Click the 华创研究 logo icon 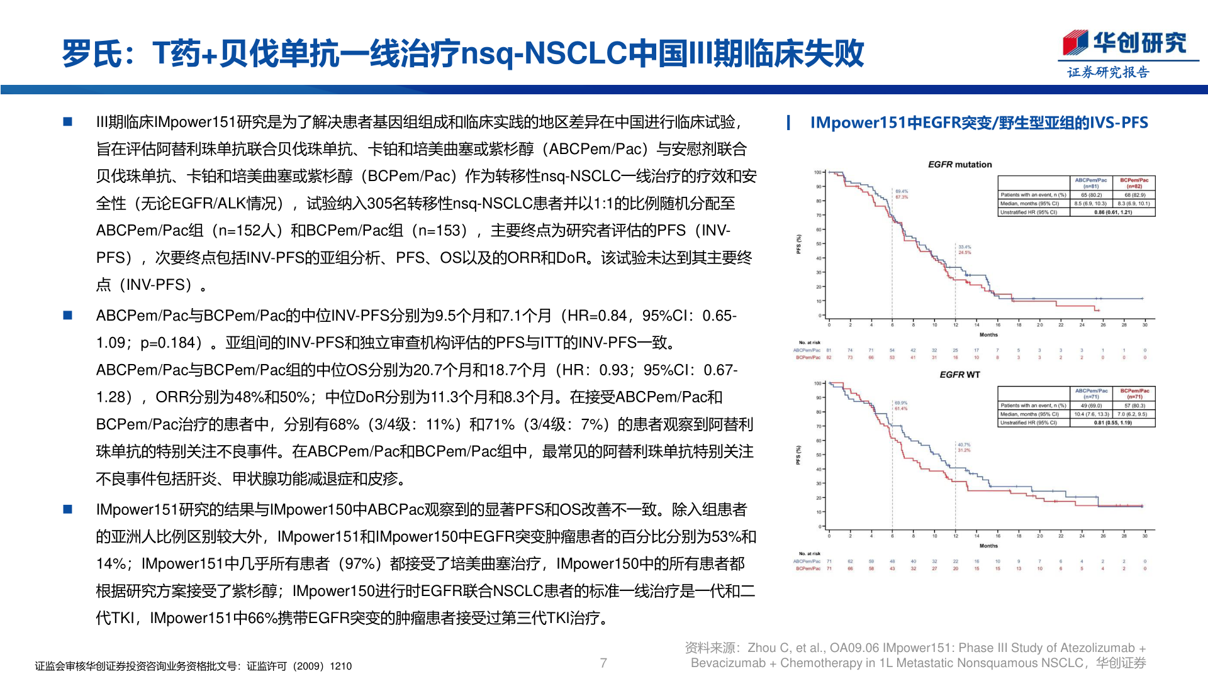(1075, 43)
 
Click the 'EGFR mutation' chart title (959, 165)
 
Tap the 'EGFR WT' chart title (959, 375)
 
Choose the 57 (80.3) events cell (1134, 406)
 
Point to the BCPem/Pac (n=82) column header (1134, 183)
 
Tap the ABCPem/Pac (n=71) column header (1091, 394)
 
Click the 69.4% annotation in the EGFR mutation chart (902, 191)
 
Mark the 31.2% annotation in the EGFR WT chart (964, 450)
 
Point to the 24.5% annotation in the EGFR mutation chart (965, 252)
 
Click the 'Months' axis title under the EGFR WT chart (988, 546)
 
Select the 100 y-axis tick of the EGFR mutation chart (818, 172)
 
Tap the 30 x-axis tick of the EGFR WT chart (1145, 536)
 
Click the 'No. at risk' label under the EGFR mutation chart (809, 343)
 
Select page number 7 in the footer (603, 663)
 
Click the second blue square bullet (68, 316)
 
